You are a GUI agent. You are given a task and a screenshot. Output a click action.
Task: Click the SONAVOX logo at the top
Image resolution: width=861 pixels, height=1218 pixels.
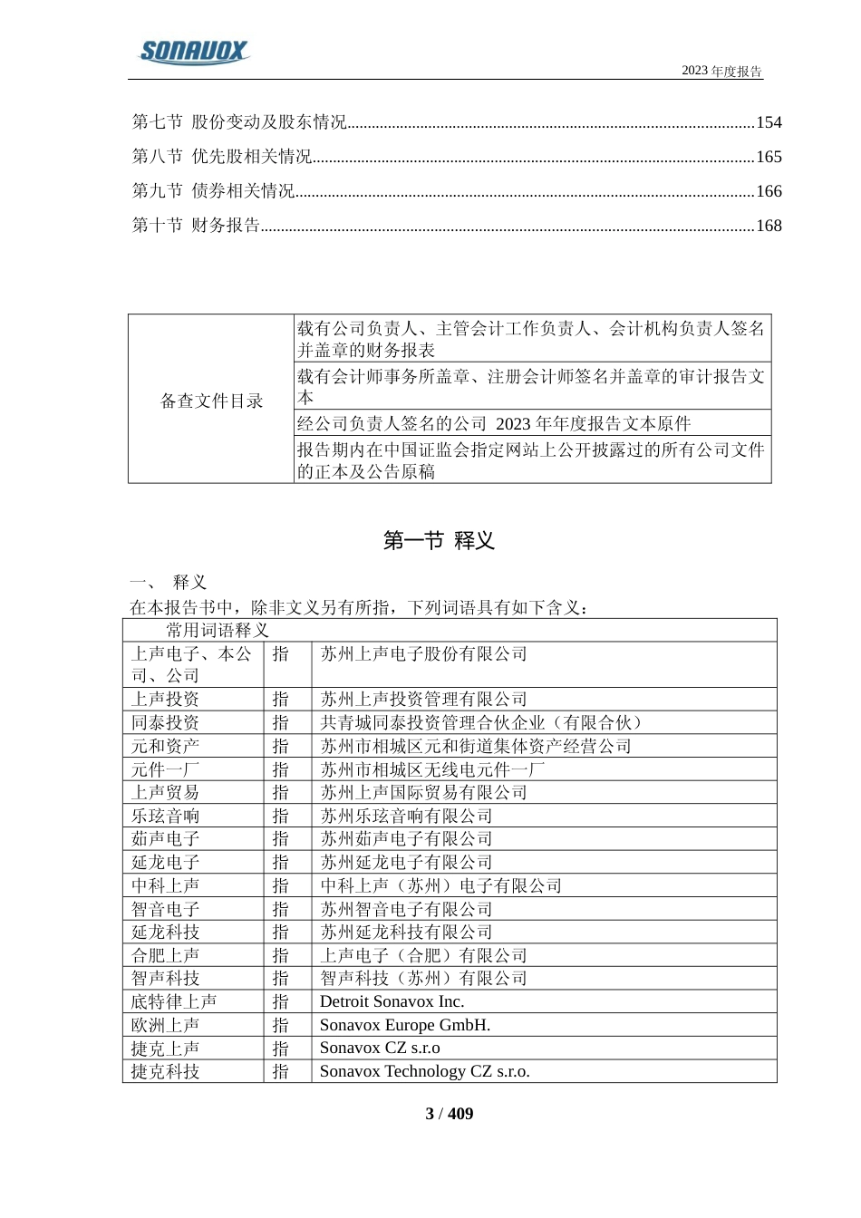[x=193, y=52]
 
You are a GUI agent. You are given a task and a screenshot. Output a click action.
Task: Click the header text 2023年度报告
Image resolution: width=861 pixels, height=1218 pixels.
[x=721, y=72]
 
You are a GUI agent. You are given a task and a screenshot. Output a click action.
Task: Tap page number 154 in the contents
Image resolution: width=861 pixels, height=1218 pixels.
[x=768, y=122]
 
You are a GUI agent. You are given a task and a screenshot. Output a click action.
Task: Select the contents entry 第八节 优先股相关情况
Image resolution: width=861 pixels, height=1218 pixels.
[x=222, y=157]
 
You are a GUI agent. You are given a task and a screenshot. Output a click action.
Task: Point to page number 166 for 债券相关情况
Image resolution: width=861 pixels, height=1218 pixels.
[x=768, y=191]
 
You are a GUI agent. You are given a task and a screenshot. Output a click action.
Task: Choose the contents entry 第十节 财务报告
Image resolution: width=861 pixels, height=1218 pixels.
[x=196, y=226]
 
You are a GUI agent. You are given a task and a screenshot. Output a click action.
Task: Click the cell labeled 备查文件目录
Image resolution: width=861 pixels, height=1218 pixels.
[x=211, y=401]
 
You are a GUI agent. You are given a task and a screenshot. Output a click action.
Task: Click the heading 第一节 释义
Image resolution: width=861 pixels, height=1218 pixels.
[x=439, y=541]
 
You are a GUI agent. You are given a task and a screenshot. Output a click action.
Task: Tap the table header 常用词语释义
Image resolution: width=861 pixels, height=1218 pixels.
[x=217, y=630]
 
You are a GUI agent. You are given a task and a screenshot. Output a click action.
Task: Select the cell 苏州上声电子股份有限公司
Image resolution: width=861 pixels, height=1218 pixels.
[x=423, y=654]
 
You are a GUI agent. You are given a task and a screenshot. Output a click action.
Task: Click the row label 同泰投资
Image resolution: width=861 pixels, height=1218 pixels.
[x=165, y=722]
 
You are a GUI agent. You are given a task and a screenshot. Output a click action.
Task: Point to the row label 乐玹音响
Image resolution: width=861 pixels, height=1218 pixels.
[x=165, y=816]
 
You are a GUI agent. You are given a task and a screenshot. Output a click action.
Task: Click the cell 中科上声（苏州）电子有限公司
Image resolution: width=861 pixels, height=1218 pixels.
[x=440, y=885]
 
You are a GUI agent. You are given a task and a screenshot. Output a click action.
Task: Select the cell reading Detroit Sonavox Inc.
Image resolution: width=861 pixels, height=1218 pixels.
[x=392, y=1001]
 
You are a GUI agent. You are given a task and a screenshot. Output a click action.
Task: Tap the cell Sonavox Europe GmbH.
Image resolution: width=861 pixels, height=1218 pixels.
[x=404, y=1025]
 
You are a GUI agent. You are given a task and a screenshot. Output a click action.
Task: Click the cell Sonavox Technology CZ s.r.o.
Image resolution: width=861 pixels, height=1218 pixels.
[x=424, y=1071]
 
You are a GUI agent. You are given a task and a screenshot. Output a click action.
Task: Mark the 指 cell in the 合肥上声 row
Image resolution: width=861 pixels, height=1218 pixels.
[x=280, y=955]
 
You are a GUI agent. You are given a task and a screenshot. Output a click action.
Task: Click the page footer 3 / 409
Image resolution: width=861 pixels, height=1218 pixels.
[x=449, y=1114]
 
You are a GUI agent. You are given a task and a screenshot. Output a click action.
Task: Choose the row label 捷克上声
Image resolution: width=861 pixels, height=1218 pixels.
[x=165, y=1049]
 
